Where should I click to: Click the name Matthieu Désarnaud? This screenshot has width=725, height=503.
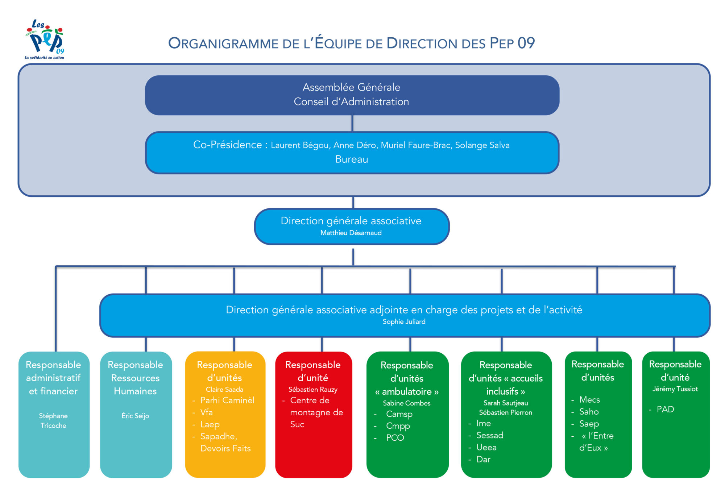351,233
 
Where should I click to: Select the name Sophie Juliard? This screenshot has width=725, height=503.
404,322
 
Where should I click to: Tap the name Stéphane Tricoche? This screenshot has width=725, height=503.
53,421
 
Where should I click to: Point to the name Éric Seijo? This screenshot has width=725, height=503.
135,416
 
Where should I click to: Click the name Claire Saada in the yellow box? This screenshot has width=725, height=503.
224,390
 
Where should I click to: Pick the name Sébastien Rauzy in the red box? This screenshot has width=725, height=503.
313,390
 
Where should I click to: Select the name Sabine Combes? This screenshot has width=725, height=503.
406,403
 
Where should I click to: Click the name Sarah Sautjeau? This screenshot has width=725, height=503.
505,403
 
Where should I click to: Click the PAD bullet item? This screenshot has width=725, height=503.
665,410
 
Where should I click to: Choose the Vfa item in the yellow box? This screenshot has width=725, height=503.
206,412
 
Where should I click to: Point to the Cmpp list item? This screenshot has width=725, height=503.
398,426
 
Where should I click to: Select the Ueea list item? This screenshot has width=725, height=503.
486,448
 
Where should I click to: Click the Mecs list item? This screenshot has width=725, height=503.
589,400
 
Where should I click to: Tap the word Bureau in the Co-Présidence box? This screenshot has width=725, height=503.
352,159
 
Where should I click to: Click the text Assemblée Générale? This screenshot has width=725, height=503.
351,87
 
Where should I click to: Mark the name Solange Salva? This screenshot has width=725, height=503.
482,145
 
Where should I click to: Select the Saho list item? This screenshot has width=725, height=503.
589,412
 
